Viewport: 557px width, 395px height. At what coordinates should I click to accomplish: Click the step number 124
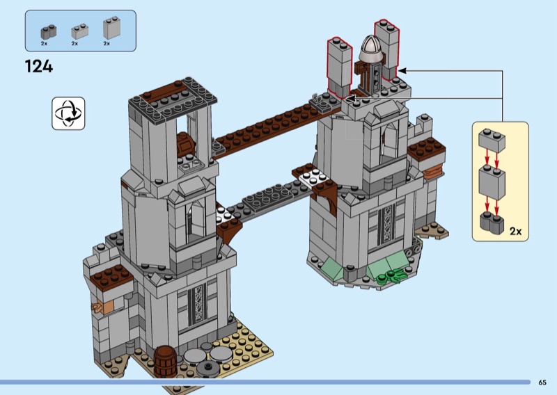tap(39, 66)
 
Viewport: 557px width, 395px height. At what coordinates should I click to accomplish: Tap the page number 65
tap(542, 382)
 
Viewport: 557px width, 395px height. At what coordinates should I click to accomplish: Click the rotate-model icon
tap(68, 113)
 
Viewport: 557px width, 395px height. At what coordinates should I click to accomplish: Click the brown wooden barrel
tap(165, 362)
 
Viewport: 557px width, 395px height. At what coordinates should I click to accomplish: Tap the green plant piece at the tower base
tap(390, 275)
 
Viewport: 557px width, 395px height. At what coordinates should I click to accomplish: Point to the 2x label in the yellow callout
tap(515, 232)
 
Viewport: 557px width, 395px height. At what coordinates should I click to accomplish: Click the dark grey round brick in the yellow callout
tap(492, 223)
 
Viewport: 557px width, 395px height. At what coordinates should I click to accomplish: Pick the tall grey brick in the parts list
tap(111, 28)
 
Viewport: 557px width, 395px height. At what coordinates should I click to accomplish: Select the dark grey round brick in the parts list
tap(48, 32)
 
